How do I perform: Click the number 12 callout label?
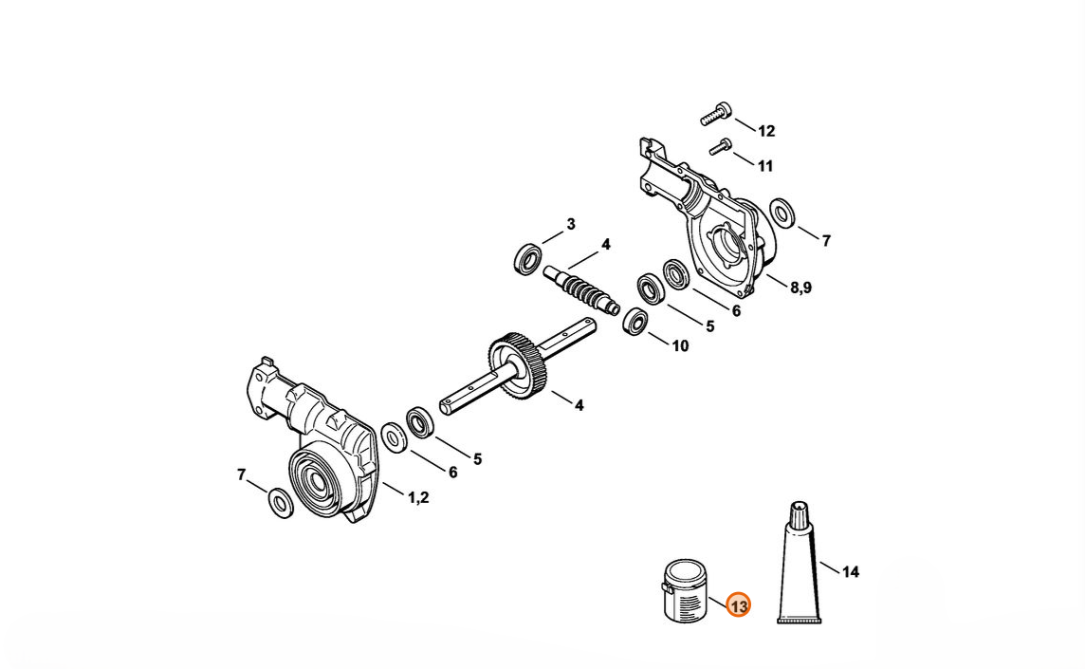(x=766, y=131)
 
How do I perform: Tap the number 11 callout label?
(x=764, y=166)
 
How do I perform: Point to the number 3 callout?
(x=571, y=224)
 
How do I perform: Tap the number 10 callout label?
(x=680, y=345)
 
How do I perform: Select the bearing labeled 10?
(x=634, y=322)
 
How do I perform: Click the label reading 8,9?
(x=800, y=288)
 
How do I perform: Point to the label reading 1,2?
(x=418, y=497)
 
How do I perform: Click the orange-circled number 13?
(x=738, y=606)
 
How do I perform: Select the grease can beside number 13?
(x=685, y=591)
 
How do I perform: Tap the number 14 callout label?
(x=851, y=572)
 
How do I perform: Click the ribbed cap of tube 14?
(x=800, y=513)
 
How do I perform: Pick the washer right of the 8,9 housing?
(x=782, y=213)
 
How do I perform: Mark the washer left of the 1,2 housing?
(x=280, y=504)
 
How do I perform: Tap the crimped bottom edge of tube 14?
(x=800, y=620)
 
